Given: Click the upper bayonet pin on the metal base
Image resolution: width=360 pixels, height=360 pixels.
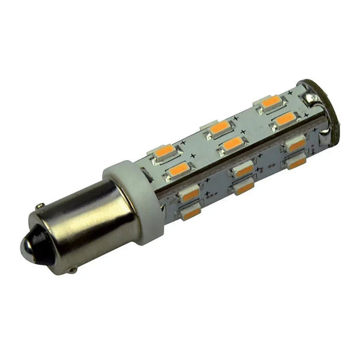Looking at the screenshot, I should pyautogui.click(x=40, y=207).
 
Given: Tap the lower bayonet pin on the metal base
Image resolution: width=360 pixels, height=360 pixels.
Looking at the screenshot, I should pyautogui.click(x=72, y=271).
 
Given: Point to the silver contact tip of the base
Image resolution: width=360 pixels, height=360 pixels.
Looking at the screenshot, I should pyautogui.click(x=26, y=246).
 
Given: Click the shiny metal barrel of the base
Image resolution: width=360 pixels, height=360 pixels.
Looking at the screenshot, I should pyautogui.click(x=90, y=222).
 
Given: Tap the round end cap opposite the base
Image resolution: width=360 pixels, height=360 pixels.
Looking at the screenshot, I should pyautogui.click(x=327, y=114).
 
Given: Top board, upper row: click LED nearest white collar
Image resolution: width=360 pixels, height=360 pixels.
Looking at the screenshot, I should pyautogui.click(x=164, y=151).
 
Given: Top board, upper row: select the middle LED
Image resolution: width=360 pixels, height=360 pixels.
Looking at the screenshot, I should pyautogui.click(x=220, y=127).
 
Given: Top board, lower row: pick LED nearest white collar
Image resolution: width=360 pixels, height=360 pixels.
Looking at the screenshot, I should pyautogui.click(x=179, y=170).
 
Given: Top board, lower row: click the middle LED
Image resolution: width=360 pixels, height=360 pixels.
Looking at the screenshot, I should pyautogui.click(x=233, y=144).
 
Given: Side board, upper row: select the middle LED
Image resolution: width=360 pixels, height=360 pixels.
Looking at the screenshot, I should pyautogui.click(x=243, y=170).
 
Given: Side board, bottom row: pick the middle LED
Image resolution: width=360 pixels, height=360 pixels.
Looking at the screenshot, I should pyautogui.click(x=244, y=188).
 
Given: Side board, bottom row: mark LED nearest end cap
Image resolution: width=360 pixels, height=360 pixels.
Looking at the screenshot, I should pyautogui.click(x=296, y=162).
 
